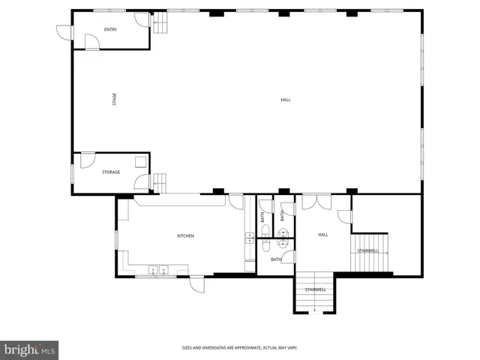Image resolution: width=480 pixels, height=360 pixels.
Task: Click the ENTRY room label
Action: coord(110,29)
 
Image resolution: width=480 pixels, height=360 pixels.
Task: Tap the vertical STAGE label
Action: coord(114,98)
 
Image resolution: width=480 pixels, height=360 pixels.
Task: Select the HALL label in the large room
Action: coord(285,100)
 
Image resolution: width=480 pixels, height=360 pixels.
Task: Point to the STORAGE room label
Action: coord(111,172)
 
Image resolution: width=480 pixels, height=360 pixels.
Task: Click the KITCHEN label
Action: coord(185,236)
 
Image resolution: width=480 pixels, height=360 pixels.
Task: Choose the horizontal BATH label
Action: coord(276,259)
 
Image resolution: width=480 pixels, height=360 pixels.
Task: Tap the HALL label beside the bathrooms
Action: coord(323,235)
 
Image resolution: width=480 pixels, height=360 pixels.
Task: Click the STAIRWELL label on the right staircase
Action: coord(367,250)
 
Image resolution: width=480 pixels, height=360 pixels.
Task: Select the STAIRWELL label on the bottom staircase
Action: coord(315,289)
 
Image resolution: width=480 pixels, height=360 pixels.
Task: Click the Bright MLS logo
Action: coord(30,349)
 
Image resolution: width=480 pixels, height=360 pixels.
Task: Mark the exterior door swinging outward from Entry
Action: coord(64,32)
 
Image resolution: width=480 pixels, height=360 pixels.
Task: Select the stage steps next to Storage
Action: coord(159,182)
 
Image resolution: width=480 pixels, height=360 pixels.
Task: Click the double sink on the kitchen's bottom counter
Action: coord(157,269)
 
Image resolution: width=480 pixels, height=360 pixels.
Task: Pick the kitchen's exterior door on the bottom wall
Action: coord(196,283)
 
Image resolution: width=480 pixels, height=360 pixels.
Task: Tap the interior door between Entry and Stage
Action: coord(91,44)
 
